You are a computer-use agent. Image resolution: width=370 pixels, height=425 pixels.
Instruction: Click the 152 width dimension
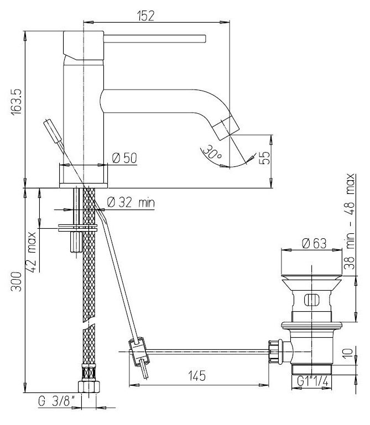click(145, 15)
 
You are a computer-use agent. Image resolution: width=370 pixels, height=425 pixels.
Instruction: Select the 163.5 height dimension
click(16, 101)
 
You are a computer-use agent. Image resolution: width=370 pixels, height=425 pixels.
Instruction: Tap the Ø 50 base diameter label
click(124, 158)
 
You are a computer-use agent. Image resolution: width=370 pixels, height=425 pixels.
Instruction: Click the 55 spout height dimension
click(264, 158)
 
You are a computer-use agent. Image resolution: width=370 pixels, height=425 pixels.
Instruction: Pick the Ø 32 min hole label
click(131, 202)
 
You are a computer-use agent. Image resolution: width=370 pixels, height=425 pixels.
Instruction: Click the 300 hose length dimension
click(16, 281)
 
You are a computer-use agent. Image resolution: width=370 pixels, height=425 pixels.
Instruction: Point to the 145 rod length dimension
click(197, 376)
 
